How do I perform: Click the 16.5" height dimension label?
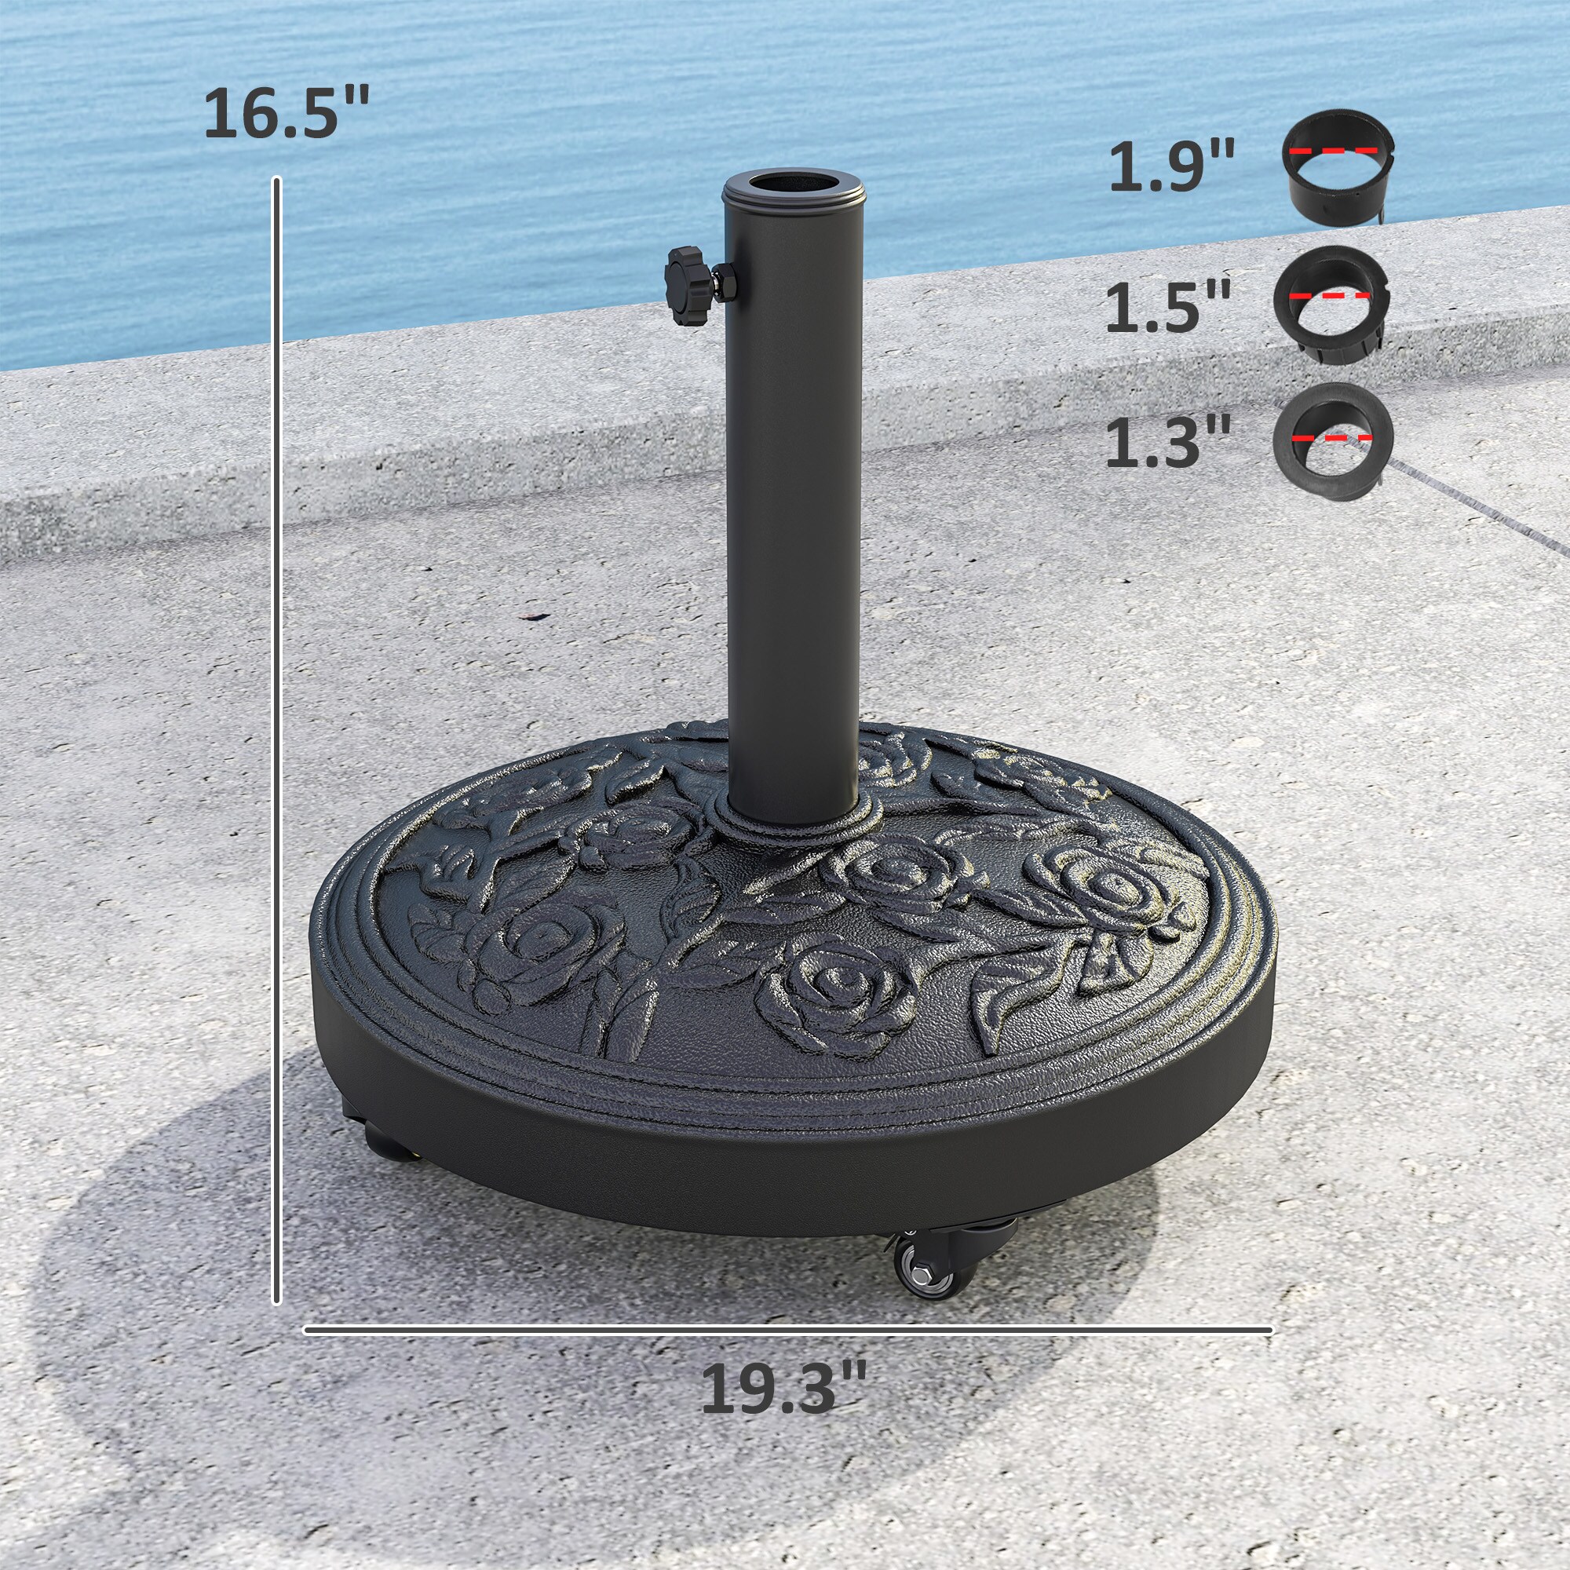[x=286, y=113]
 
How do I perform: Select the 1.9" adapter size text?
[x=1171, y=166]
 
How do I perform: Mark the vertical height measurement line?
[x=277, y=732]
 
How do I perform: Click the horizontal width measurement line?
[x=787, y=1331]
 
